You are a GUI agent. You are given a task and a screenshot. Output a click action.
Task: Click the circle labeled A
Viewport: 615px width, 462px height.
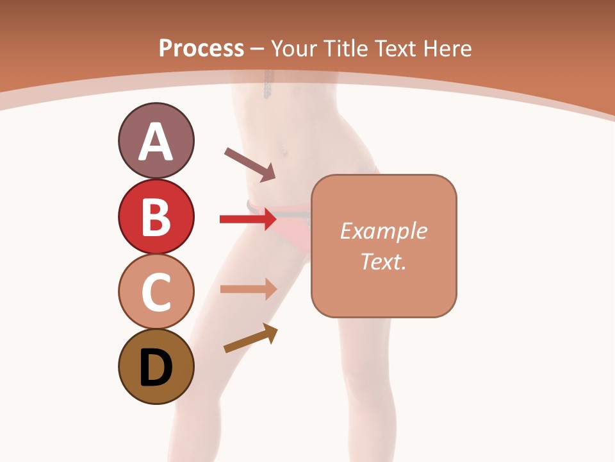[156, 141]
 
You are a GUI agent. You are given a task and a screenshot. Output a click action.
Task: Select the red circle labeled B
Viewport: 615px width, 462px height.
[156, 217]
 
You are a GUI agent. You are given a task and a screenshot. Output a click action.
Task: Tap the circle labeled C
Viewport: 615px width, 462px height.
[156, 291]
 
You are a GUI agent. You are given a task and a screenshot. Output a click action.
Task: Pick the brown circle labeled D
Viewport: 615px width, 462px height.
[156, 367]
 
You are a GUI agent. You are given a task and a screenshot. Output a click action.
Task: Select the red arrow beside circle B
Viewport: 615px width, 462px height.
[248, 219]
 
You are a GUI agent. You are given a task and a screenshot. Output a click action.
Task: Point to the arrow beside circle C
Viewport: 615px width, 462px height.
[248, 289]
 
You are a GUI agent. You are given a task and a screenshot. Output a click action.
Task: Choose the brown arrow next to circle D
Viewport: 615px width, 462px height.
[250, 338]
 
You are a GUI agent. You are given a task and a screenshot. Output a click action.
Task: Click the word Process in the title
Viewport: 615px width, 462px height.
[201, 48]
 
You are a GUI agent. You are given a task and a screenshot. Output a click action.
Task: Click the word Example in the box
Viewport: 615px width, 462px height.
[384, 231]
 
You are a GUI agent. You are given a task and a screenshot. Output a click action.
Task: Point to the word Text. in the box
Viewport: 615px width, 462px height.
[384, 261]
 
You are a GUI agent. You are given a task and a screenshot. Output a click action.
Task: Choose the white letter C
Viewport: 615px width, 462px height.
[156, 293]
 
